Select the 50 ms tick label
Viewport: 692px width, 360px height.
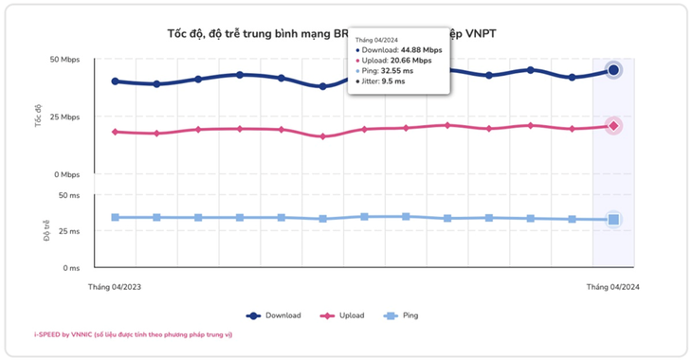(69, 195)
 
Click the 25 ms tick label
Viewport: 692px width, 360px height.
(69, 231)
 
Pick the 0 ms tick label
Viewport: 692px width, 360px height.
(71, 267)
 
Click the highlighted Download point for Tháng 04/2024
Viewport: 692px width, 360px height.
(613, 70)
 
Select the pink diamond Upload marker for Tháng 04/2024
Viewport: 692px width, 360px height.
(613, 126)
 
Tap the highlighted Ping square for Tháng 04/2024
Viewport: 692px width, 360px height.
(613, 220)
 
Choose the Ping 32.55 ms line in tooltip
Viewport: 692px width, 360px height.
(389, 71)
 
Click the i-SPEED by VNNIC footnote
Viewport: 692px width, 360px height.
(133, 334)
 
